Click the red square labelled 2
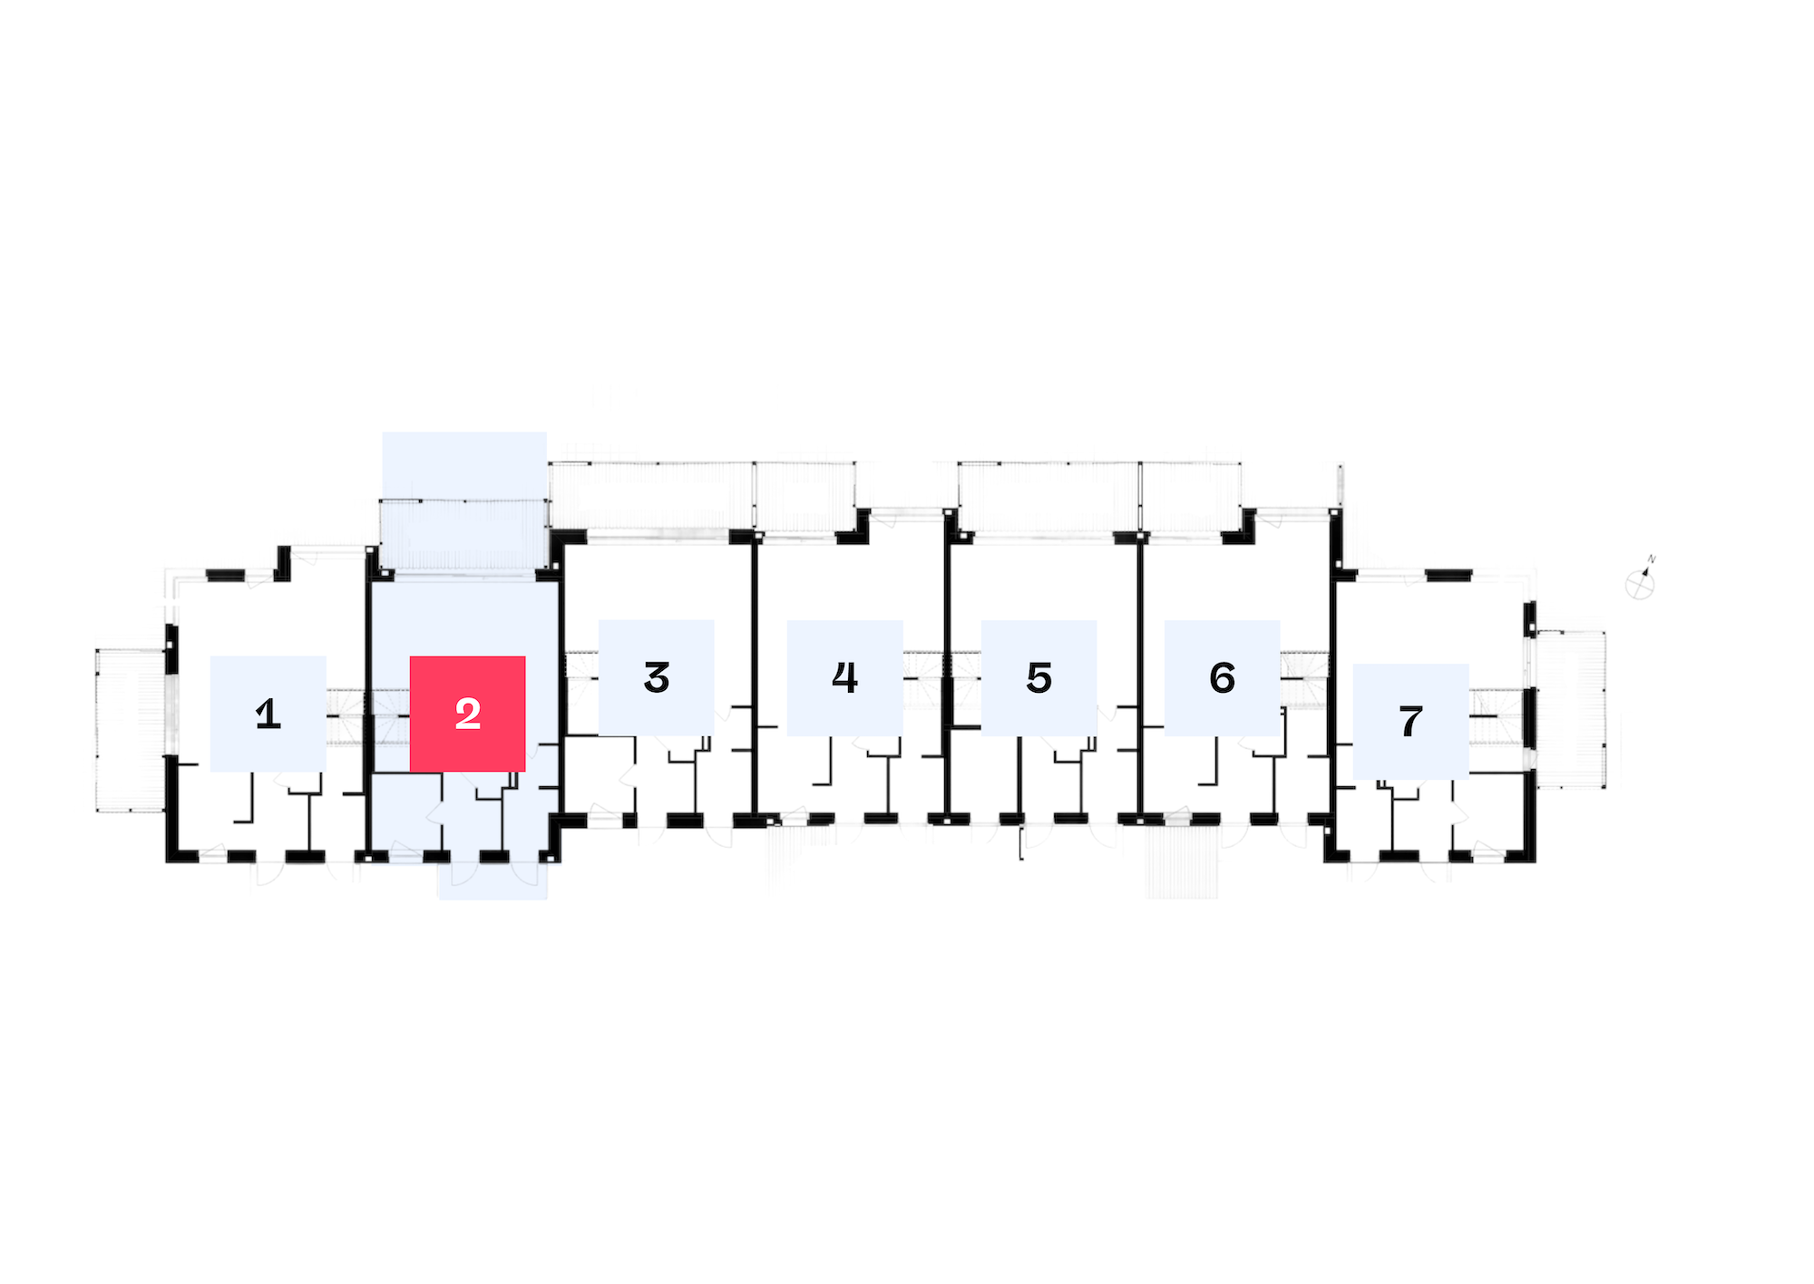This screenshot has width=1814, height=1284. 468,714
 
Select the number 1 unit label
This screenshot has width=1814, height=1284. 268,714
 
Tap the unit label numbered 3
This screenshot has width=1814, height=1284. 657,677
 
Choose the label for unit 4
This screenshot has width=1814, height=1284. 845,677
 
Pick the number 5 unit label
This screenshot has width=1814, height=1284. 1039,677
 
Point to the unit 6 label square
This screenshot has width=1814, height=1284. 1223,677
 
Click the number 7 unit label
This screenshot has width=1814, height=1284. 1411,721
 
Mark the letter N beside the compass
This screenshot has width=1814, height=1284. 1652,559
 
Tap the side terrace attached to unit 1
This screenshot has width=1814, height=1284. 132,730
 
